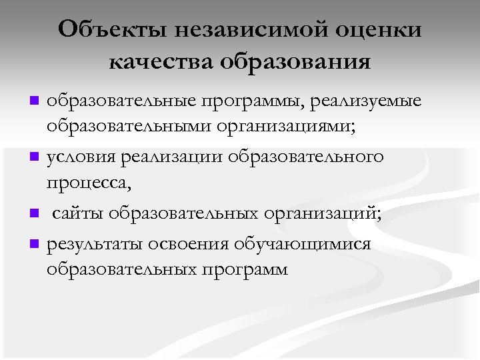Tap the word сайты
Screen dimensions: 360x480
click(x=78, y=214)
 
